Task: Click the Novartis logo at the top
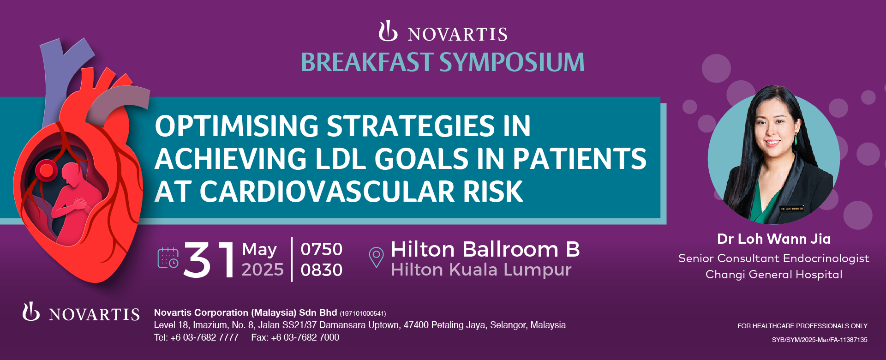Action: click(x=443, y=32)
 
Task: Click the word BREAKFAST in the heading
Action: click(x=367, y=62)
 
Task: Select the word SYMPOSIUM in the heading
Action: click(x=512, y=62)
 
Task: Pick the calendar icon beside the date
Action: click(x=168, y=258)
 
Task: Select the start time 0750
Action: click(x=322, y=249)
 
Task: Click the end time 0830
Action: click(x=322, y=270)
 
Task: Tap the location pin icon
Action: click(x=376, y=257)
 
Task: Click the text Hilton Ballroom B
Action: click(x=485, y=250)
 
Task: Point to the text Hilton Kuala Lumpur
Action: click(x=481, y=270)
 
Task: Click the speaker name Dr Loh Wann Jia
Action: click(x=774, y=239)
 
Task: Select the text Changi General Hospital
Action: click(x=774, y=275)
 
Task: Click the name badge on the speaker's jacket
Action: click(x=792, y=209)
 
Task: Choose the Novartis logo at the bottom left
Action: click(x=81, y=313)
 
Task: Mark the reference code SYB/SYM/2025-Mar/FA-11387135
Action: click(x=820, y=340)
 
